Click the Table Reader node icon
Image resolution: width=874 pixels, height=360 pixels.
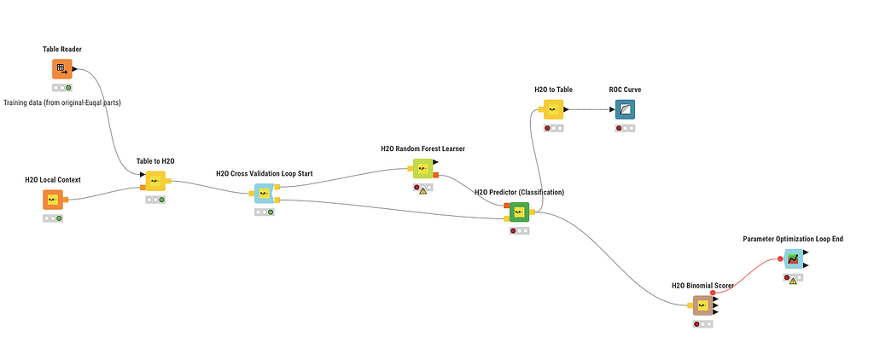click(61, 69)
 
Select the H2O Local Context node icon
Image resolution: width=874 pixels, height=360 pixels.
click(53, 200)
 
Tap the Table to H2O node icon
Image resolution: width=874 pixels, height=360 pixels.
click(155, 181)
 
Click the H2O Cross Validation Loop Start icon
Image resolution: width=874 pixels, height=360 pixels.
click(264, 194)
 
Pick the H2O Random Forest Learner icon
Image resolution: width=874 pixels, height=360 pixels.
click(423, 169)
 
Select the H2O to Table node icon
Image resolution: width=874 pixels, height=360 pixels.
click(553, 109)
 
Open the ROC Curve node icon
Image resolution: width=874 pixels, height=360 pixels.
click(625, 109)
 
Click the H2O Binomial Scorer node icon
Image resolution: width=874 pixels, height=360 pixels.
click(702, 305)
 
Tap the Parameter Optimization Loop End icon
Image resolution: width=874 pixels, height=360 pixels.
click(793, 258)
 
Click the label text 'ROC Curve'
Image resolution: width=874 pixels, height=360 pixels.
click(625, 90)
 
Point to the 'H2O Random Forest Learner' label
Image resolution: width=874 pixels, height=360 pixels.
click(422, 148)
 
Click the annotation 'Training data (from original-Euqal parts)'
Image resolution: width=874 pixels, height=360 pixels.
click(62, 103)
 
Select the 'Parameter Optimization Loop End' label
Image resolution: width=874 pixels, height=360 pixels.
click(793, 239)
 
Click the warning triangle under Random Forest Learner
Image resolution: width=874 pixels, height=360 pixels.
click(422, 189)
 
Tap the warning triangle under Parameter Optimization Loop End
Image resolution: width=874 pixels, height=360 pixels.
click(793, 279)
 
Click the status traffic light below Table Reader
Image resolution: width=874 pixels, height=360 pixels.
click(61, 88)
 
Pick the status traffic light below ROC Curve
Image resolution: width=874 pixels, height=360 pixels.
click(625, 128)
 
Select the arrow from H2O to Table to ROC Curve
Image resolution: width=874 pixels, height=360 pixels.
click(588, 109)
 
